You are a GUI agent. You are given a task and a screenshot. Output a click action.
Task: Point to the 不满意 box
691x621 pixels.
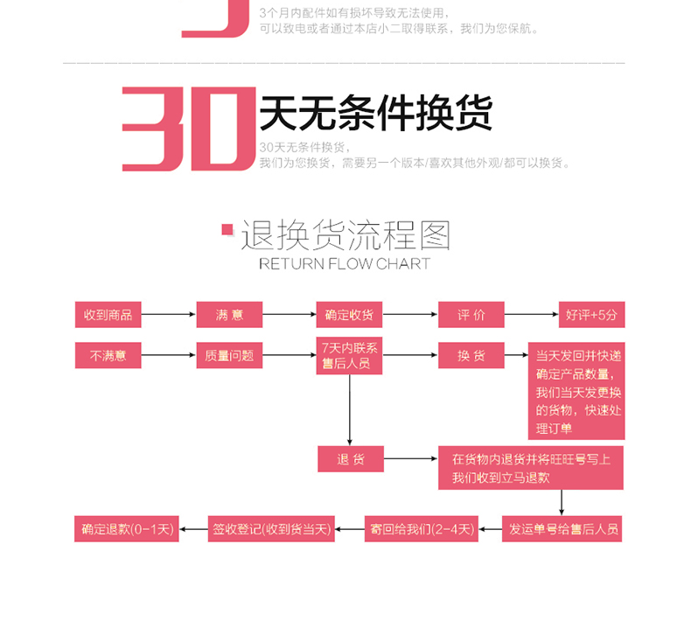click(108, 356)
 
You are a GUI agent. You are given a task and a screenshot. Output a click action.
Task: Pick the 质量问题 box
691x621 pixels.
click(228, 356)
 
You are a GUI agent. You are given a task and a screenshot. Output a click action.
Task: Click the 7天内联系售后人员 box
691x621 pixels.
click(349, 356)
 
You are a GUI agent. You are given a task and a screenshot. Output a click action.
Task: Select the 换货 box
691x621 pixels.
click(471, 356)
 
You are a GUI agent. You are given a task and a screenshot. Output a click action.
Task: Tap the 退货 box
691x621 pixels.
click(350, 459)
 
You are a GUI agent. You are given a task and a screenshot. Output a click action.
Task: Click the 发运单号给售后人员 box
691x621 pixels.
click(563, 529)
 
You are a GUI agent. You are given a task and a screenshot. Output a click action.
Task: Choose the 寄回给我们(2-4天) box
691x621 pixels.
click(422, 529)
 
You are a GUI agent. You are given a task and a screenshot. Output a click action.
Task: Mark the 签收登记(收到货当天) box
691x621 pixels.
click(271, 529)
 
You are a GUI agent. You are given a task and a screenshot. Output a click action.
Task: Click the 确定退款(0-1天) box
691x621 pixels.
click(127, 529)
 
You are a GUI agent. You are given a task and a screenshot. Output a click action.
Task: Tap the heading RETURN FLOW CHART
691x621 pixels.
click(345, 263)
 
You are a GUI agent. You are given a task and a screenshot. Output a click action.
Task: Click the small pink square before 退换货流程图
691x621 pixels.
click(227, 230)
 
